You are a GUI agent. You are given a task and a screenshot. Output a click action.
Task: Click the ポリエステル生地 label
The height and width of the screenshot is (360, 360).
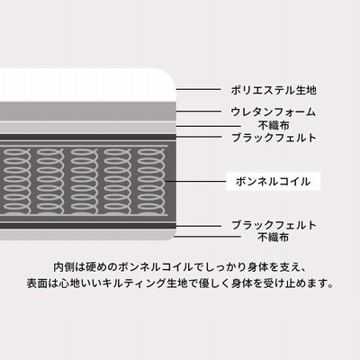(274, 90)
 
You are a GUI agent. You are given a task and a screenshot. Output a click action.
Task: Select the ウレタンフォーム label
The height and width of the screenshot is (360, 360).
(274, 112)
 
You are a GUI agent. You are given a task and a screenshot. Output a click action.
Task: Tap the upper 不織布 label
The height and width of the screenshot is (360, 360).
(274, 125)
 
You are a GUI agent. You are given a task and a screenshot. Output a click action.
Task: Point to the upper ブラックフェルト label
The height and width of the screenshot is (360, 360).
(274, 138)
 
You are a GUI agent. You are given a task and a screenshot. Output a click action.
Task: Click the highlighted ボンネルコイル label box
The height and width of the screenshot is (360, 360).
(273, 182)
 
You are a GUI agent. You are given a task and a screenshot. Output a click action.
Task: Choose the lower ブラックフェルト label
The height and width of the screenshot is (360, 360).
(274, 225)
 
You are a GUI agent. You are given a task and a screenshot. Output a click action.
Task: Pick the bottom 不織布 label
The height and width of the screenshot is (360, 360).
(274, 237)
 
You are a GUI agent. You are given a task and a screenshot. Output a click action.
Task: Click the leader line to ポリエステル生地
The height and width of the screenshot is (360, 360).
(198, 89)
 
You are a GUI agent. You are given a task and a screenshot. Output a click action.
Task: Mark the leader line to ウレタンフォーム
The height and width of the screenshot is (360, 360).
(198, 112)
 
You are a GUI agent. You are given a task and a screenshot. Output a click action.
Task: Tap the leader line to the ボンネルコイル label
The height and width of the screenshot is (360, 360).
(195, 181)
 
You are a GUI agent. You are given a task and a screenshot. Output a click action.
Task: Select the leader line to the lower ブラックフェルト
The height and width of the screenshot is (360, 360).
(198, 226)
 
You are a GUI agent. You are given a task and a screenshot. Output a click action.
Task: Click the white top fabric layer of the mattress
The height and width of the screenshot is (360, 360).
(87, 85)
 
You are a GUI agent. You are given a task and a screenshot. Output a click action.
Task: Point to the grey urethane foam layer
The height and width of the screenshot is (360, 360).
(87, 112)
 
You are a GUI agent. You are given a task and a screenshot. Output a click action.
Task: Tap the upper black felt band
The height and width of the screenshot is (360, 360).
(87, 137)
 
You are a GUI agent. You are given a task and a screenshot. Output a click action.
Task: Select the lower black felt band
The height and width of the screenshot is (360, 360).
(87, 226)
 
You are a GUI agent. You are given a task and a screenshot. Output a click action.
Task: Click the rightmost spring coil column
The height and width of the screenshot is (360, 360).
(151, 181)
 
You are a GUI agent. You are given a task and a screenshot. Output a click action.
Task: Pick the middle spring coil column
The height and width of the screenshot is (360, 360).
(85, 181)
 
